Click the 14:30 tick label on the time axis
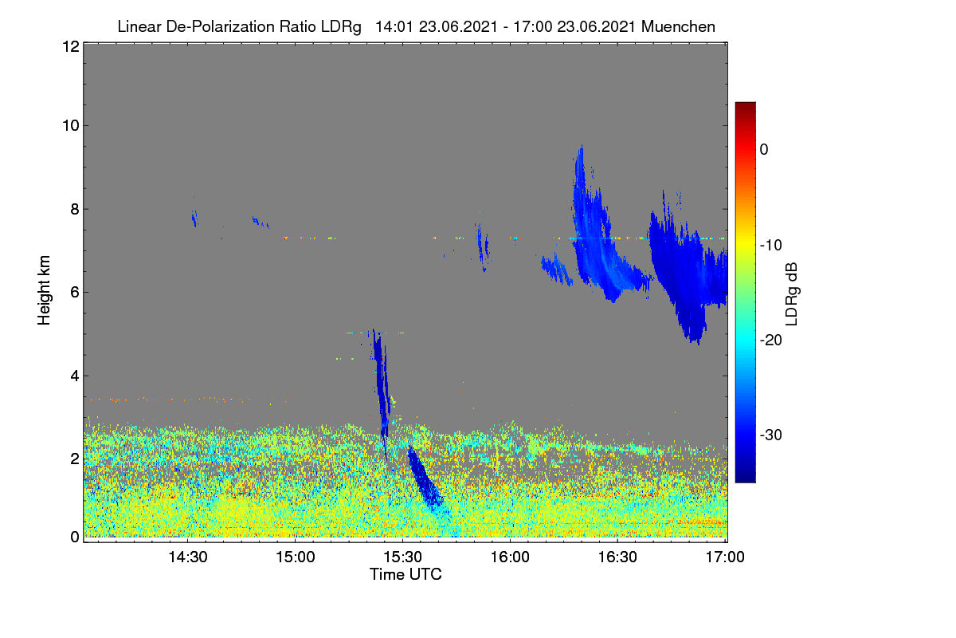[x=188, y=557]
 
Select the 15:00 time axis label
[x=296, y=557]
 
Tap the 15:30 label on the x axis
[x=402, y=557]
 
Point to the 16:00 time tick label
[x=510, y=557]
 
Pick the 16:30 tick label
[x=617, y=557]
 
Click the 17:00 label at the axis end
[x=725, y=557]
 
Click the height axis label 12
[x=71, y=46]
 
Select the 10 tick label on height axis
[x=71, y=126]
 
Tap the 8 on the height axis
[x=75, y=209]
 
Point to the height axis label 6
[x=75, y=293]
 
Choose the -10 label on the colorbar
[x=771, y=246]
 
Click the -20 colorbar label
[x=771, y=341]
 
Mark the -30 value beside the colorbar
[x=771, y=435]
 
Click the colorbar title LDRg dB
[x=791, y=294]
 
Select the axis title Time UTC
[x=406, y=574]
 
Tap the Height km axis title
[x=44, y=290]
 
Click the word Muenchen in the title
[x=678, y=26]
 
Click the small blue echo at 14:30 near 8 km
[x=194, y=219]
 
